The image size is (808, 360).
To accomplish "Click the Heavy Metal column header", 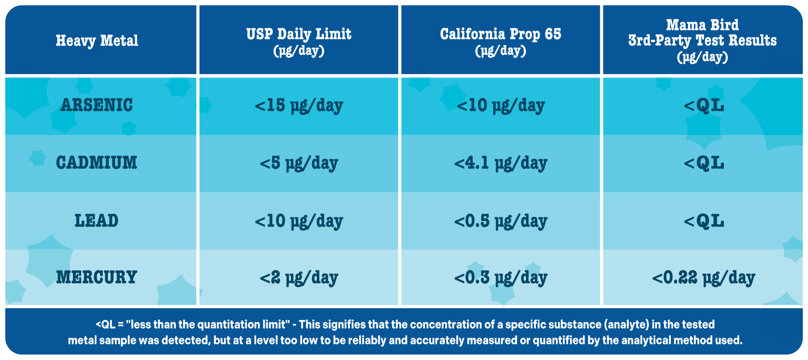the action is coord(97,41).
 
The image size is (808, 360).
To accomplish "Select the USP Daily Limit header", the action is coord(299,41).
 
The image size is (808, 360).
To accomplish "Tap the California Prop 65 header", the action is coord(501,41).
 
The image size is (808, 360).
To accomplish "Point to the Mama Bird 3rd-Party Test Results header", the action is coord(702,40).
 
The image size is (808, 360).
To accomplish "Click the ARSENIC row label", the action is coord(97,105).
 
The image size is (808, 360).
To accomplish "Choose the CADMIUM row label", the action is coord(97,163).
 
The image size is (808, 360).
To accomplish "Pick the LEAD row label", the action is coord(97,221).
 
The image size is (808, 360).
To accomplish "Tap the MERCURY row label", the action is coord(97,277).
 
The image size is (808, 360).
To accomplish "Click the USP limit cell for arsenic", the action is coord(299,106).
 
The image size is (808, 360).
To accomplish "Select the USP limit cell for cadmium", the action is coord(299,163).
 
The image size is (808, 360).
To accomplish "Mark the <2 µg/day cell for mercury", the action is coord(299,278).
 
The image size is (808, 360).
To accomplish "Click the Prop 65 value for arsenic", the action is coord(501,106).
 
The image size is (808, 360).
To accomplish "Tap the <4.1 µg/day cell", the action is coord(501,163).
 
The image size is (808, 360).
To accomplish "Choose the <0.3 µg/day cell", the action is coord(501,278).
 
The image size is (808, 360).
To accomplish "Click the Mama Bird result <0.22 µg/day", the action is coord(704,278).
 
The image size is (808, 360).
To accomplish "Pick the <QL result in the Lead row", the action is coord(704,221).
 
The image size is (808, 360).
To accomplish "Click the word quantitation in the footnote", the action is coord(241,325).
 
